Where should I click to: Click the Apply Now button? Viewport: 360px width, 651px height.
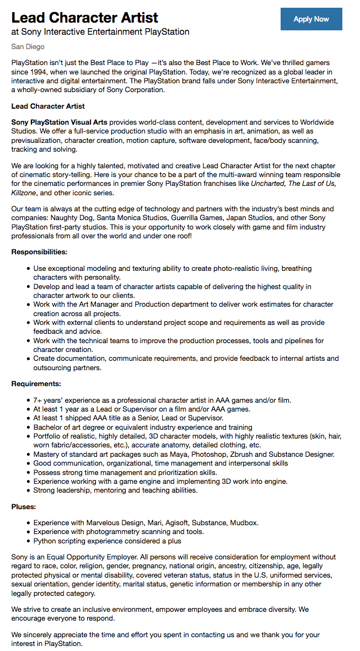(311, 19)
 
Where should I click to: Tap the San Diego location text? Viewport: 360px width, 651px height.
(28, 47)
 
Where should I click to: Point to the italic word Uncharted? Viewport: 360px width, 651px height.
(268, 183)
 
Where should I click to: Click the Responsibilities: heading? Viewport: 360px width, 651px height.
(39, 252)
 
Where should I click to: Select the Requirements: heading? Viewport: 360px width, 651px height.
(36, 383)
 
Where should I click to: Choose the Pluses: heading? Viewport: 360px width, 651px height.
(24, 506)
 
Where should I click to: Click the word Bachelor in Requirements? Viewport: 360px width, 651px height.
(49, 427)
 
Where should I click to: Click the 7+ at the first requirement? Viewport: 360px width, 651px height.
(37, 400)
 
